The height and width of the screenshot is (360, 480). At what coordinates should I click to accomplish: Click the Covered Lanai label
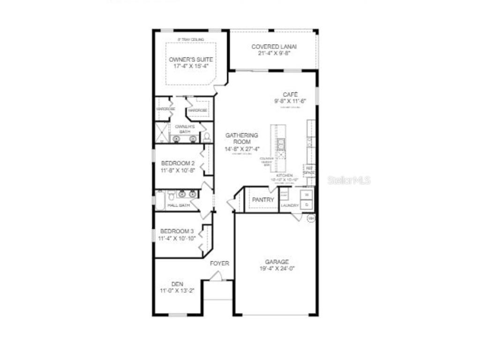pos(274,47)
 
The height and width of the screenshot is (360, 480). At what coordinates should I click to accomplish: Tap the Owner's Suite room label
pos(191,60)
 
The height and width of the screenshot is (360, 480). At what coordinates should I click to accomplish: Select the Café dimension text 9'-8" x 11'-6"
pos(290,101)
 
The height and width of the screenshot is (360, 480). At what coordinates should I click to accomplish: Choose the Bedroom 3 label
pos(177,231)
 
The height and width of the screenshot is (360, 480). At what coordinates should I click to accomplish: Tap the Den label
pos(177,284)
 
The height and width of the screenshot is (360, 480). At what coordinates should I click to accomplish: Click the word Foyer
pos(219,263)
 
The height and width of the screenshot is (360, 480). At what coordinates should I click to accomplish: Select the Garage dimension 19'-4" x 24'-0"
pos(277,269)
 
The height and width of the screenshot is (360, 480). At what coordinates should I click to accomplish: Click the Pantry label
pos(263,200)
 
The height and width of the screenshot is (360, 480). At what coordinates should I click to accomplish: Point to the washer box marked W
pos(307,194)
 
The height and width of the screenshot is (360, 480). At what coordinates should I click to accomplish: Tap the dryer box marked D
pos(307,205)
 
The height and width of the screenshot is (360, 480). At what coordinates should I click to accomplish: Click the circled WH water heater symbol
pos(311,218)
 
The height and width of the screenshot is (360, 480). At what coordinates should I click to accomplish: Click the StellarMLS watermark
pos(349,180)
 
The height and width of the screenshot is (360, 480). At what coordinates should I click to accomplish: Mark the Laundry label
pos(290,205)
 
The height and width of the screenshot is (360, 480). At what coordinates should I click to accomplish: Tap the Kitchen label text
pos(284,175)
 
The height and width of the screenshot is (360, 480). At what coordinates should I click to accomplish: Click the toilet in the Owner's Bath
pos(207,137)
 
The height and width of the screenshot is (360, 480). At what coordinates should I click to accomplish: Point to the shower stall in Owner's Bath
pos(162,133)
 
